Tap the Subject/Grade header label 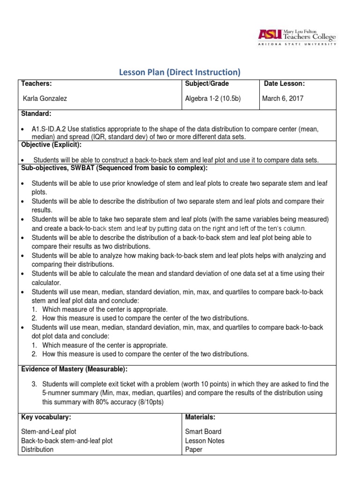(x=207, y=84)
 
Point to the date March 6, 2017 (x=283, y=98)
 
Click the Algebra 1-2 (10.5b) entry (x=213, y=98)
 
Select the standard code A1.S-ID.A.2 (x=50, y=128)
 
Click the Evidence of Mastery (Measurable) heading (x=74, y=369)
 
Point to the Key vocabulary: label (x=46, y=417)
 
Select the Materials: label (x=200, y=417)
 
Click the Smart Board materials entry (x=203, y=432)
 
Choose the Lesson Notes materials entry (x=205, y=441)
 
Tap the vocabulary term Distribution (x=37, y=450)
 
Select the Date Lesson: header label (x=285, y=84)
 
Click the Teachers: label (x=37, y=84)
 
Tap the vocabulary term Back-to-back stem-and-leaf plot (x=67, y=441)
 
